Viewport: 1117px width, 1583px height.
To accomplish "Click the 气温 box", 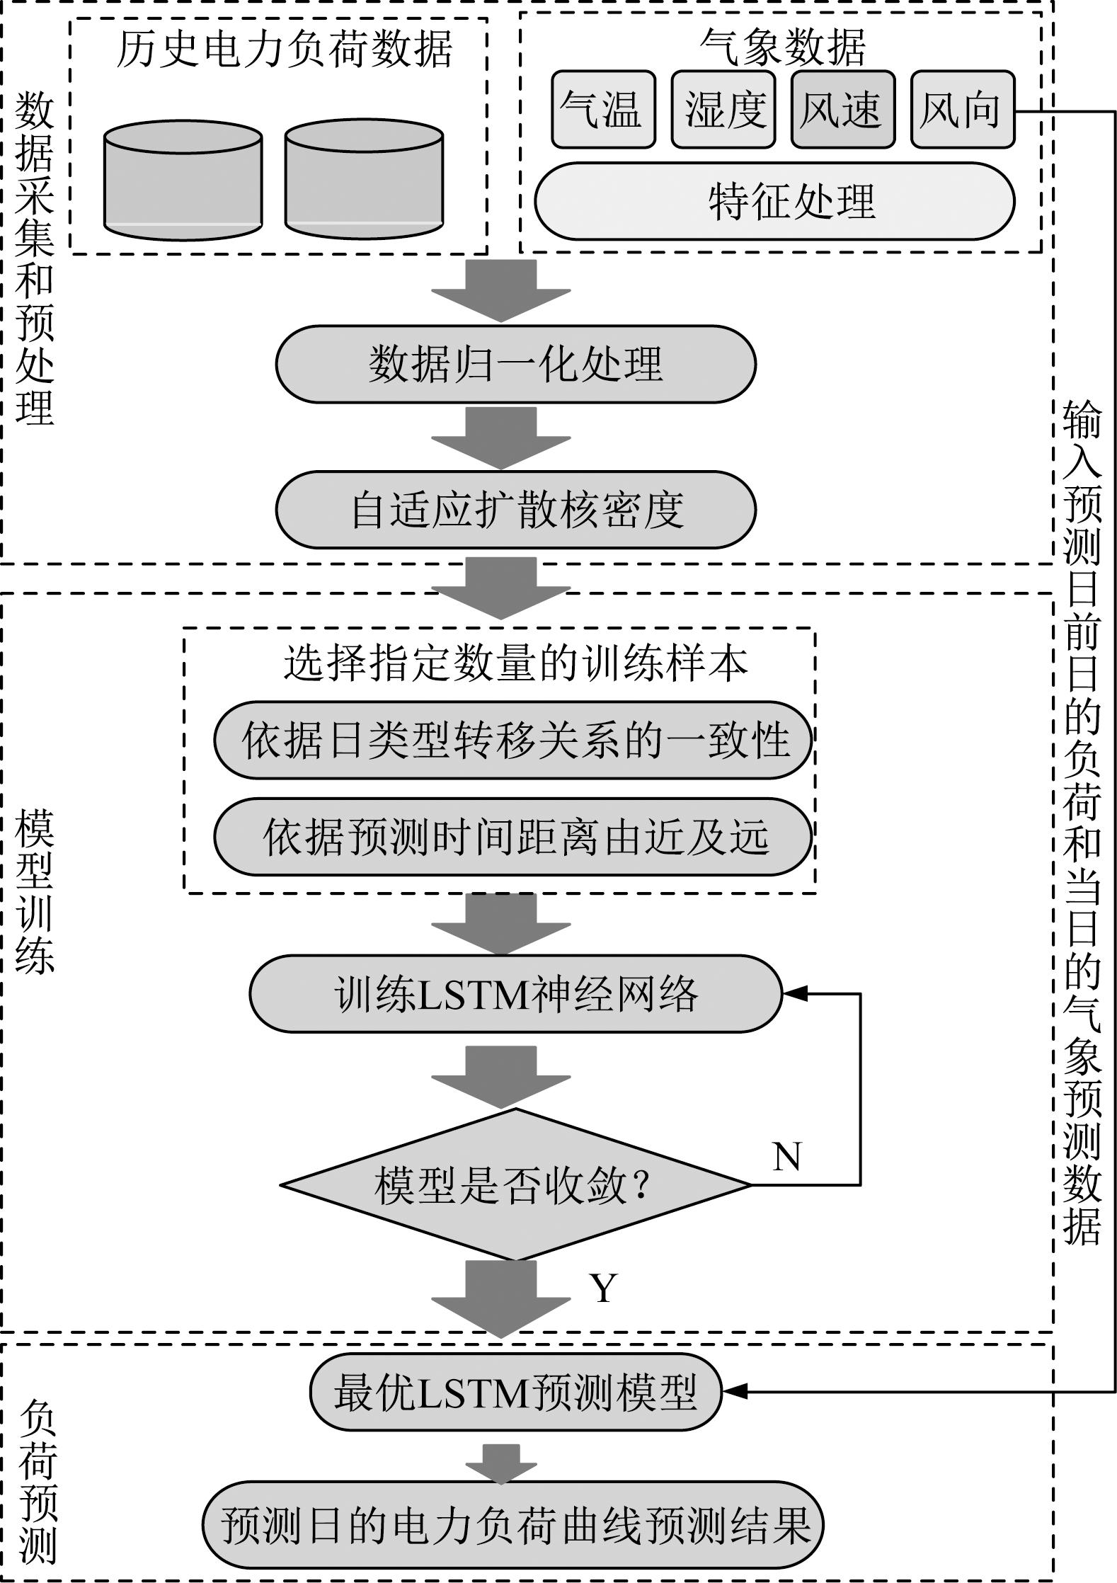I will [x=603, y=109].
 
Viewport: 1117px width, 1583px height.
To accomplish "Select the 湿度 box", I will [x=723, y=109].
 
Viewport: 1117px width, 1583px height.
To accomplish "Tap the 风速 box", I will [x=842, y=109].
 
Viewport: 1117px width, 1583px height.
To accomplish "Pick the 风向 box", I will [x=962, y=109].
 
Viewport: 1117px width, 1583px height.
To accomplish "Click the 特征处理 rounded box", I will [x=774, y=201].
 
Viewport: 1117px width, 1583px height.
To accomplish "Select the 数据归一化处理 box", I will [x=515, y=364].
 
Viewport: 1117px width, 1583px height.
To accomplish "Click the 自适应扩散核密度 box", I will [x=515, y=510].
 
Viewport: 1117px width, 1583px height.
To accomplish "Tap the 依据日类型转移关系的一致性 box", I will [x=512, y=740].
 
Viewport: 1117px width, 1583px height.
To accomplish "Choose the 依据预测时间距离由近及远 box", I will [x=512, y=837].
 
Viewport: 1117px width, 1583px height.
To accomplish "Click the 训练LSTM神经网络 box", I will [x=515, y=993].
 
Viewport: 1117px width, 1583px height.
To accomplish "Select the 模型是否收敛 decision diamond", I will [x=515, y=1184].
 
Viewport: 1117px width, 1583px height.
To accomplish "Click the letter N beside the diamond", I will [x=787, y=1157].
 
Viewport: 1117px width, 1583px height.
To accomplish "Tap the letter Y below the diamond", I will [x=603, y=1288].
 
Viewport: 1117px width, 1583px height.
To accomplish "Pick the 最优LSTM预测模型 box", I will [x=515, y=1393].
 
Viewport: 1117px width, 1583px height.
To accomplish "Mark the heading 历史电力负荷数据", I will [x=283, y=50].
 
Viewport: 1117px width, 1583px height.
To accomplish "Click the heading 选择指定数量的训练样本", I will [x=515, y=663].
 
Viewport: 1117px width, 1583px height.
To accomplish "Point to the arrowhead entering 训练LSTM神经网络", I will [x=794, y=993].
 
